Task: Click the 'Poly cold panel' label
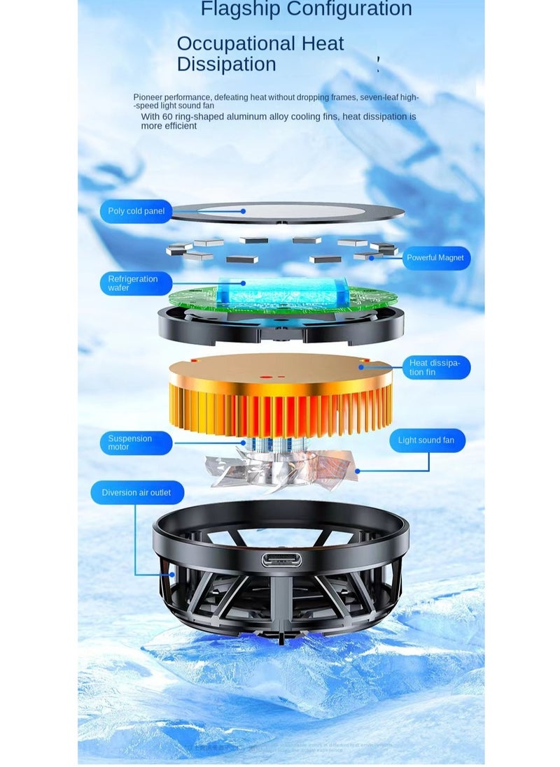(136, 211)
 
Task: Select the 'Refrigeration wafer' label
(135, 283)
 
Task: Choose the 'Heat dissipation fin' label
(435, 367)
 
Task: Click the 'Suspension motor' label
(135, 443)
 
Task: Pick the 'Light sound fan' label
(426, 440)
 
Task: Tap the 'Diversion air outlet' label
(136, 492)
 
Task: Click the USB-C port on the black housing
(281, 559)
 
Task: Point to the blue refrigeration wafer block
(283, 292)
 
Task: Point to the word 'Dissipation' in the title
(226, 64)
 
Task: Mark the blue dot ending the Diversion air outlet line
(173, 575)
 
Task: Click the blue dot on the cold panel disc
(244, 211)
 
